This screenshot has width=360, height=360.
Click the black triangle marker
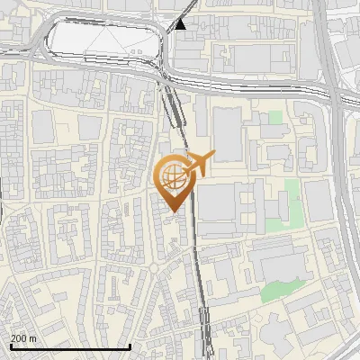[181, 24]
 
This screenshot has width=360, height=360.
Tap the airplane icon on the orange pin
[199, 164]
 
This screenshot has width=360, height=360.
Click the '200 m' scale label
[23, 337]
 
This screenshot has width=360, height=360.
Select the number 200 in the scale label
[18, 337]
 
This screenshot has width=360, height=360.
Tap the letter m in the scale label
[33, 337]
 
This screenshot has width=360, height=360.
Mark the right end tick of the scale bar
[130, 346]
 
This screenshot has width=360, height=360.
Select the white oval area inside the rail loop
[103, 41]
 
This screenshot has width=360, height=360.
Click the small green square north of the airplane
[274, 118]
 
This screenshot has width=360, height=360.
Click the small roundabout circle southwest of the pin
[154, 267]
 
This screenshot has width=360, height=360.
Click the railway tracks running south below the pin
[199, 288]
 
